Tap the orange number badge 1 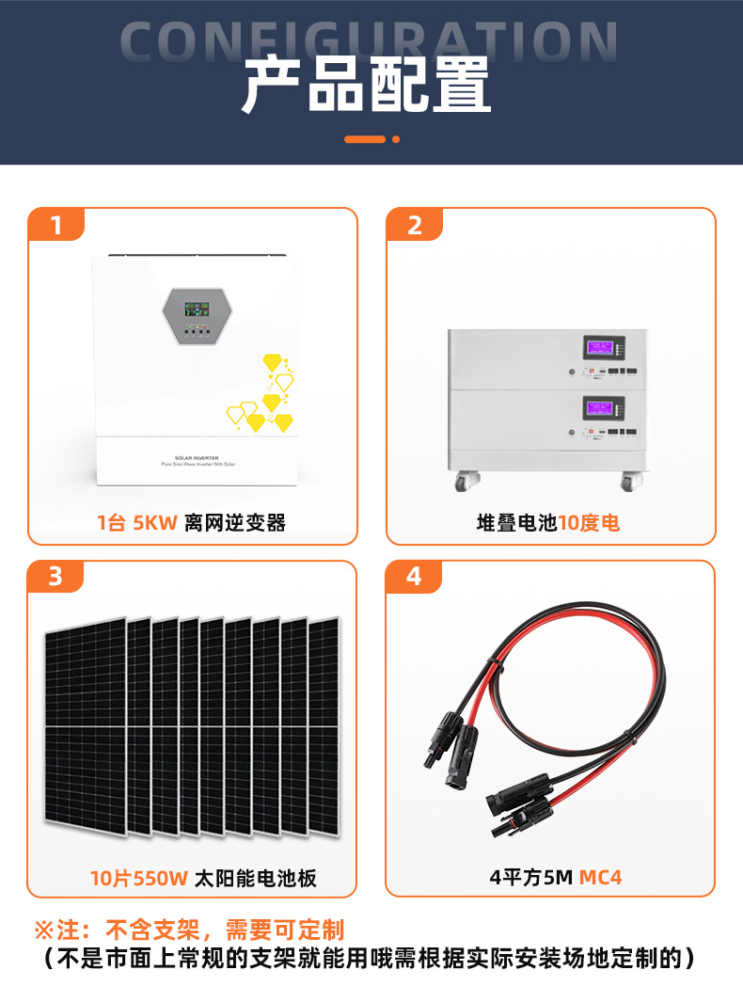[56, 226]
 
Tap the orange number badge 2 [415, 226]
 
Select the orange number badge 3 [55, 576]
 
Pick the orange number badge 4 [415, 576]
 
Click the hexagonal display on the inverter [197, 316]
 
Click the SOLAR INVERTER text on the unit [197, 458]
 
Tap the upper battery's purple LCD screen [599, 348]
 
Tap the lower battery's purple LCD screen [599, 407]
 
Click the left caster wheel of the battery [464, 482]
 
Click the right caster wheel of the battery [627, 482]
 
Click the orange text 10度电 [590, 523]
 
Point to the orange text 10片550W [139, 879]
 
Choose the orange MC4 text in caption [600, 877]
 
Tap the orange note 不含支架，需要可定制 [225, 931]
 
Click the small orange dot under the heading [396, 139]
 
